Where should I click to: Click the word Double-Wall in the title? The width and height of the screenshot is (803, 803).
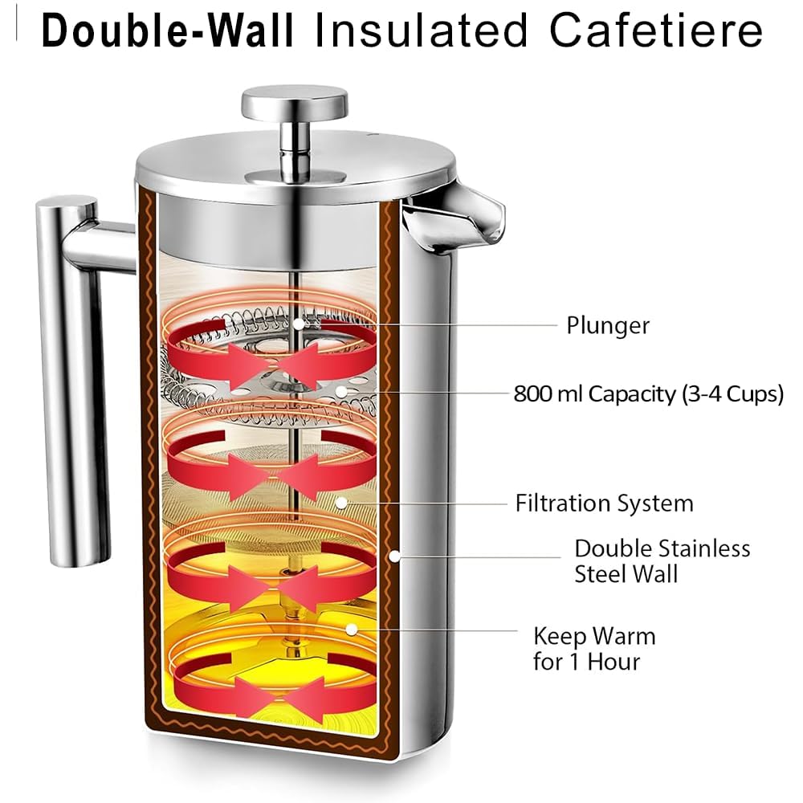pyautogui.click(x=168, y=31)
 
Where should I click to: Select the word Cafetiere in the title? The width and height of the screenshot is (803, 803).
pyautogui.click(x=656, y=31)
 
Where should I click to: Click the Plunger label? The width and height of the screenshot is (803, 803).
pyautogui.click(x=608, y=326)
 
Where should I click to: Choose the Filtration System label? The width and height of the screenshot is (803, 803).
pyautogui.click(x=605, y=503)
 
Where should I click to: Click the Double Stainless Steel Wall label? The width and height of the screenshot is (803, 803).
pyautogui.click(x=662, y=560)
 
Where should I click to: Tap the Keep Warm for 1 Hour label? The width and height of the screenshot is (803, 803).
pyautogui.click(x=594, y=648)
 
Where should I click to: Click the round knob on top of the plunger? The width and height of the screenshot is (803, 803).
pyautogui.click(x=295, y=100)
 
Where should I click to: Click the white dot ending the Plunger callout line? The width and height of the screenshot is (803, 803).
pyautogui.click(x=299, y=324)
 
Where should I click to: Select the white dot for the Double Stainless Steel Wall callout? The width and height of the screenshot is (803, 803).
pyautogui.click(x=394, y=556)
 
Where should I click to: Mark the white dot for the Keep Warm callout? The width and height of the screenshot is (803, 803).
pyautogui.click(x=352, y=629)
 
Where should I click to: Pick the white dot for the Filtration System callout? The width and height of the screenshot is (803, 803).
pyautogui.click(x=341, y=503)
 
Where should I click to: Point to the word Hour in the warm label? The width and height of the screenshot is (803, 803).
pyautogui.click(x=613, y=662)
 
